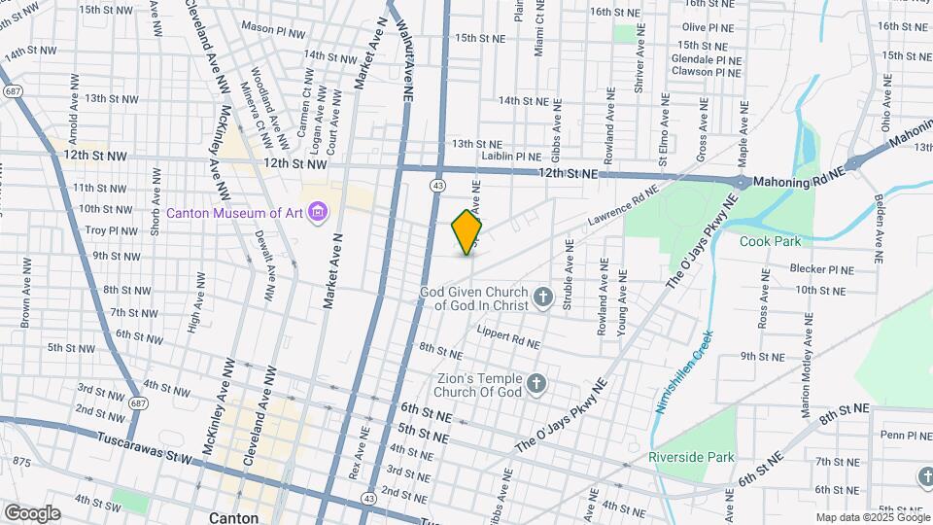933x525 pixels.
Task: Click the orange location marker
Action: (467, 232)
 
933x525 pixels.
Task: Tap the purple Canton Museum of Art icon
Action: (316, 212)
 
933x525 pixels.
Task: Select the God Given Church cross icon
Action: (542, 297)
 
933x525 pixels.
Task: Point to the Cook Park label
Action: (770, 241)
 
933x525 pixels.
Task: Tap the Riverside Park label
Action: (692, 457)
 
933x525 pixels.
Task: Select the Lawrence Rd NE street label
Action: (617, 211)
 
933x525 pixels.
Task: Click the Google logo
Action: (31, 513)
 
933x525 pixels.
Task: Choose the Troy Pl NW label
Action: (112, 230)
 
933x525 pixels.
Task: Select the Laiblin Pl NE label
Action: (510, 156)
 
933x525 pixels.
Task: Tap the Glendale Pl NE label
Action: (707, 58)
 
